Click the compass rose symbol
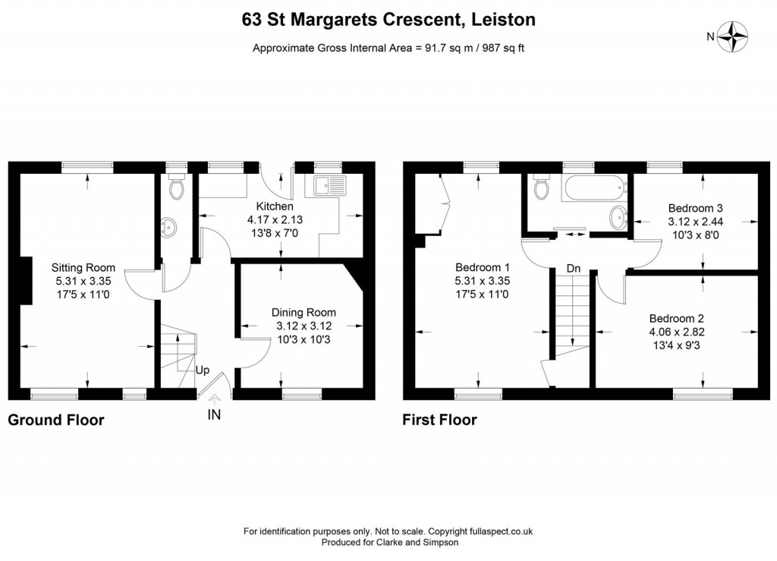735,36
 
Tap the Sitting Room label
83,267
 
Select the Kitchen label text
274,206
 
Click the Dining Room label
304,313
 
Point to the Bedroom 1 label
482,267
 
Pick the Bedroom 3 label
695,208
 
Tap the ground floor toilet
177,188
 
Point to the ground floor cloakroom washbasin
167,226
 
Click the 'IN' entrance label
215,415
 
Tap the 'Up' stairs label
203,370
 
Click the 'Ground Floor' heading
55,420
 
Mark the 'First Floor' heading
439,420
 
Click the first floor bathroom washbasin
618,217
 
